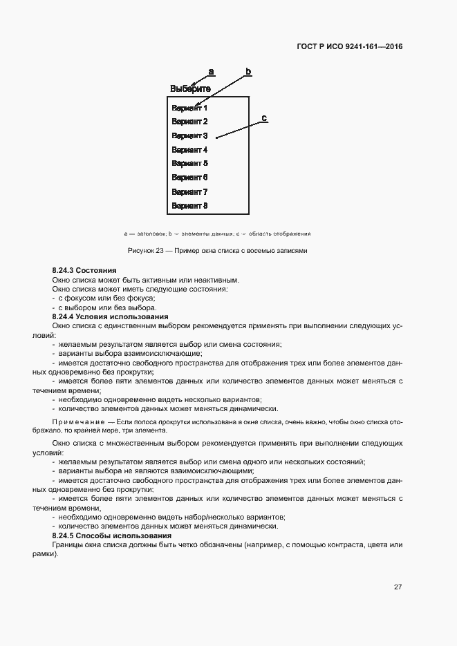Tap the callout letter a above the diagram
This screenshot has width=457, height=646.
(211, 71)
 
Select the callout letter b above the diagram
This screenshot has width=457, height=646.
(248, 71)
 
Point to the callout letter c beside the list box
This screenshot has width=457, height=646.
(263, 118)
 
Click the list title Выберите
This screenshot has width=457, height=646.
(190, 89)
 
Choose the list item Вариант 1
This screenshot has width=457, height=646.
(189, 108)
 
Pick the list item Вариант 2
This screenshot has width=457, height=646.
(189, 122)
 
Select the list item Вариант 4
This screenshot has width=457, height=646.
(189, 150)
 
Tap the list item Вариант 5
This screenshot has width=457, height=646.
(189, 164)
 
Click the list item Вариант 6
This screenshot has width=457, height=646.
(189, 178)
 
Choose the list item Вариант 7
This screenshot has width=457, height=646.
(189, 192)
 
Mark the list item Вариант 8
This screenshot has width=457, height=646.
(189, 206)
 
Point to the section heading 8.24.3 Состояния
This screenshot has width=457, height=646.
(84, 270)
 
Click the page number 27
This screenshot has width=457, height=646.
(398, 587)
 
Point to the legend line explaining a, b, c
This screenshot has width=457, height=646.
(217, 234)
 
